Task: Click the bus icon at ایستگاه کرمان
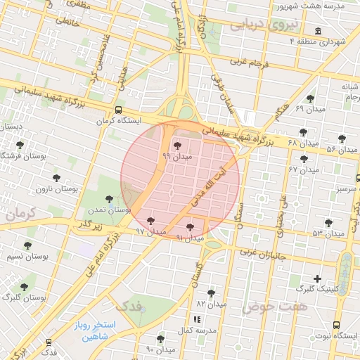(118, 110)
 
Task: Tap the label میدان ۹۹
(176, 155)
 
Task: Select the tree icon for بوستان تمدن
(108, 200)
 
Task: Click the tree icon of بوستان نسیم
(27, 245)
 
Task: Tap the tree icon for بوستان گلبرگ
(24, 287)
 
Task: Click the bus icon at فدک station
(49, 342)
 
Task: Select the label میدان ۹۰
(160, 349)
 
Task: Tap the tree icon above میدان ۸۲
(211, 292)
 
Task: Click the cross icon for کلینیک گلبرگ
(317, 278)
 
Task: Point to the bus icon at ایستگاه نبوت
(337, 325)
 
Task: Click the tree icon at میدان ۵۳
(328, 222)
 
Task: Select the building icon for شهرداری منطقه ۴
(319, 32)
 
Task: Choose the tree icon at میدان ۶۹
(310, 98)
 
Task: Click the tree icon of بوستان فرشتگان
(20, 145)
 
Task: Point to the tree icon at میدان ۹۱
(190, 226)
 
